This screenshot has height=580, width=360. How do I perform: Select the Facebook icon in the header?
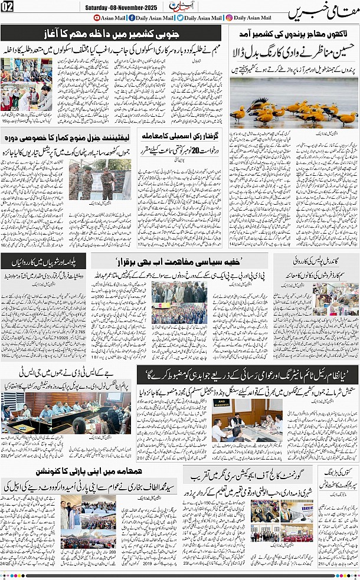130,18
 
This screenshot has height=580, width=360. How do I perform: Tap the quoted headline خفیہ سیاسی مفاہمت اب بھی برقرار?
189,260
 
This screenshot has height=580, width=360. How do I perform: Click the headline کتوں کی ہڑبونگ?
339,473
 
